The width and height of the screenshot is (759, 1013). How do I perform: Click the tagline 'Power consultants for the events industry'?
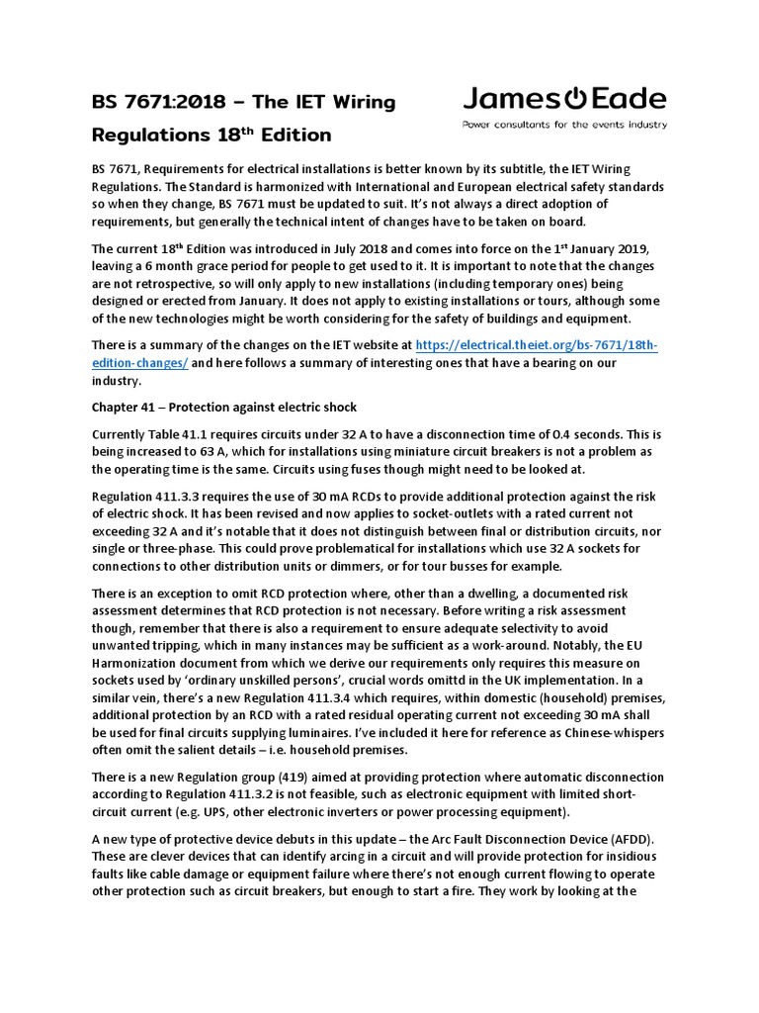(565, 125)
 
